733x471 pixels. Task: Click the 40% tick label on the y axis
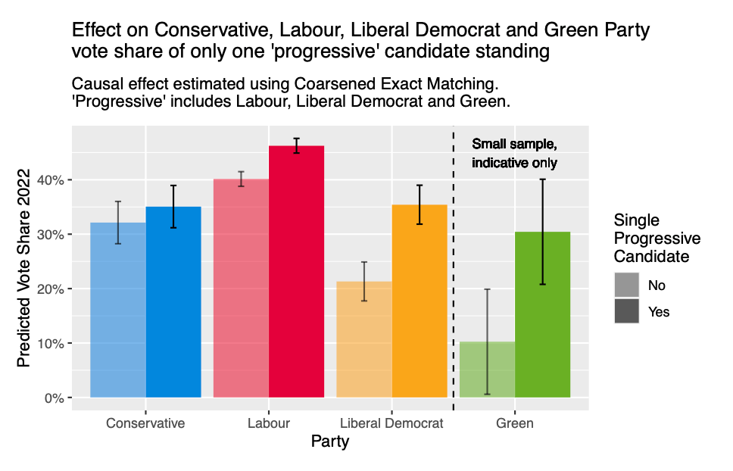tap(53, 180)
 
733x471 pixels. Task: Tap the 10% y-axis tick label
tap(53, 344)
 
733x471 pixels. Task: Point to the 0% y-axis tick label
tap(56, 398)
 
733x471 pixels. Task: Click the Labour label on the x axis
tap(268, 423)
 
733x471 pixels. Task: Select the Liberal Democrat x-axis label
tap(391, 423)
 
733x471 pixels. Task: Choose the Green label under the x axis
tap(515, 423)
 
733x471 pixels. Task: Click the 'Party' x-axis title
tap(330, 442)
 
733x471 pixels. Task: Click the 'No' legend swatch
tap(626, 285)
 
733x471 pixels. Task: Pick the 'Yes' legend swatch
tap(626, 311)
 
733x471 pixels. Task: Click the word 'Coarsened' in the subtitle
tap(297, 82)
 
